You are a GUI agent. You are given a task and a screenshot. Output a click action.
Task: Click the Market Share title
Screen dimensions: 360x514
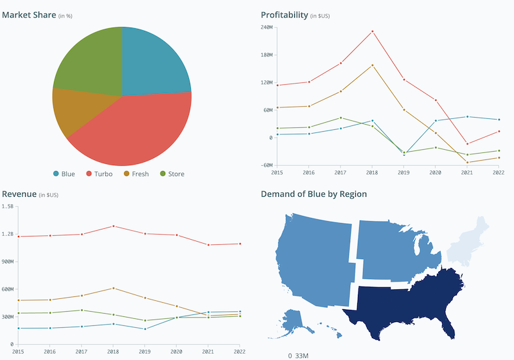(x=29, y=15)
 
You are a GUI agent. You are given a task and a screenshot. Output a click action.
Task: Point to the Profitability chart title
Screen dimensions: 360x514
(x=284, y=15)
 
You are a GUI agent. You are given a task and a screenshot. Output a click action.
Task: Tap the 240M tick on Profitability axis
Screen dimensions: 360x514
(x=267, y=27)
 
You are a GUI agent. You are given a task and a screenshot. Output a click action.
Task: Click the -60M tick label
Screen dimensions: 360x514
(x=267, y=165)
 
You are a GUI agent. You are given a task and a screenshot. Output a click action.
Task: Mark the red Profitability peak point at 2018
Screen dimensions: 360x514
(x=372, y=31)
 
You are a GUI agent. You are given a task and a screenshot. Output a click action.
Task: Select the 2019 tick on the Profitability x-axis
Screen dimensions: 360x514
(x=404, y=173)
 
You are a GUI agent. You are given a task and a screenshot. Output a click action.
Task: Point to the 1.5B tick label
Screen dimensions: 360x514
(x=8, y=206)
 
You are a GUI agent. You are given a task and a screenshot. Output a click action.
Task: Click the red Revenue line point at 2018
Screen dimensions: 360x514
(x=113, y=226)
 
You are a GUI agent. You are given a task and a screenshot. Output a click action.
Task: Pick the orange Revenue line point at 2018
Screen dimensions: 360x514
(x=113, y=288)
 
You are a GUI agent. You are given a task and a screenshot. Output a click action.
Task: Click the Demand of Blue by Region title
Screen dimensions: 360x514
(x=314, y=194)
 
